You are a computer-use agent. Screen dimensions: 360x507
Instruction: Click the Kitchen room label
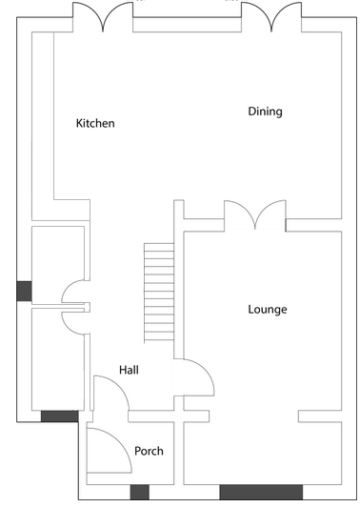[x=95, y=123]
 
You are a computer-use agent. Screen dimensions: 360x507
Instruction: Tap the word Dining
[x=265, y=112]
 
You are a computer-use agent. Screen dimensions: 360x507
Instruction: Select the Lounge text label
[x=268, y=310]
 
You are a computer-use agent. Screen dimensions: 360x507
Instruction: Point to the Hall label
[x=129, y=370]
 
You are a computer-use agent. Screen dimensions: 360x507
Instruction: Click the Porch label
[x=149, y=451]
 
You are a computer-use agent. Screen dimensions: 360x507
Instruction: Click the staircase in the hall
[x=159, y=293]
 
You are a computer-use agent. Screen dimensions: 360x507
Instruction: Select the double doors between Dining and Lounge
[x=255, y=215]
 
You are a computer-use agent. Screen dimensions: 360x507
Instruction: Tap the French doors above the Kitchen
[x=103, y=17]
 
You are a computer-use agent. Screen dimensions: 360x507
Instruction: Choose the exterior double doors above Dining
[x=271, y=17]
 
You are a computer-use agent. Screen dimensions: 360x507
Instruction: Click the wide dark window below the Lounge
[x=261, y=492]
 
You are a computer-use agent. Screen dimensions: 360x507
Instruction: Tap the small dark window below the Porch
[x=140, y=492]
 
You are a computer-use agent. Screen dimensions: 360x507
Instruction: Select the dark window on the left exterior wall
[x=24, y=291]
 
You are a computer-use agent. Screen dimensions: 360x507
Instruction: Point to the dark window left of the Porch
[x=59, y=416]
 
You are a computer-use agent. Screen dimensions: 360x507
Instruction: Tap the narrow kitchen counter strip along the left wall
[x=43, y=126]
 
